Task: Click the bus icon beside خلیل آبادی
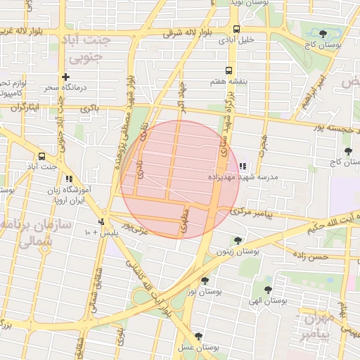pos(236,30)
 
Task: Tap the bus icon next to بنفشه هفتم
pos(229,70)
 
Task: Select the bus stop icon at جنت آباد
pos(42,156)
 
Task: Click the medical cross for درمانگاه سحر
pos(65,77)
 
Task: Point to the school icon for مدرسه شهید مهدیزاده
pos(243,167)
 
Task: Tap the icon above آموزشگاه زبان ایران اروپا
pos(69,179)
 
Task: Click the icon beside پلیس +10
pos(102,222)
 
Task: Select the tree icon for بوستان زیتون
pos(238,240)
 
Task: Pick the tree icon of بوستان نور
pos(205,281)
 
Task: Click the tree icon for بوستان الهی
pos(268,289)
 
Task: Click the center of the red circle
pos(180,179)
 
